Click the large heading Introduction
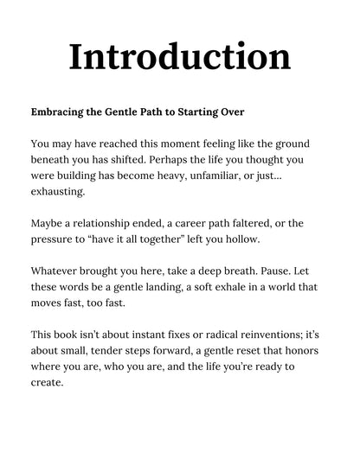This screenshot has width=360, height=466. tap(179, 56)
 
